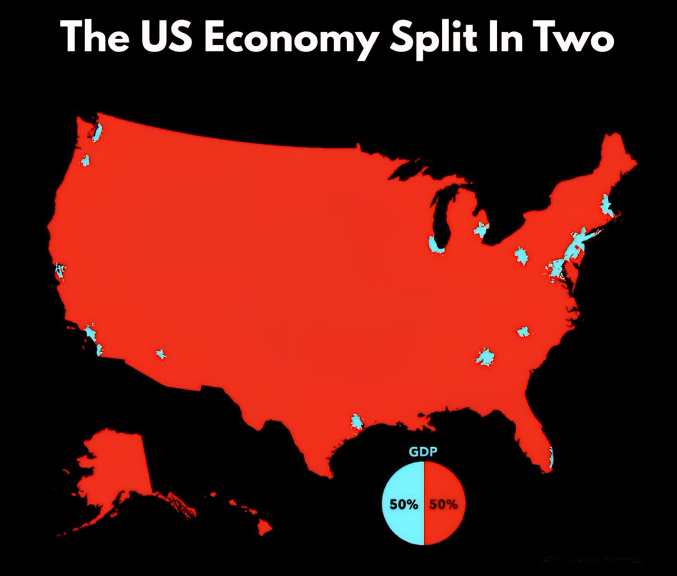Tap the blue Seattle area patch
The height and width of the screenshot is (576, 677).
(x=96, y=133)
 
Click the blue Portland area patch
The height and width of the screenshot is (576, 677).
(x=86, y=161)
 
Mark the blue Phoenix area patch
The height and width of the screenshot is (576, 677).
(x=160, y=354)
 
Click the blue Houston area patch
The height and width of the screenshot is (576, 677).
(x=357, y=421)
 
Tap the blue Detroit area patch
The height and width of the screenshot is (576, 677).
(x=481, y=230)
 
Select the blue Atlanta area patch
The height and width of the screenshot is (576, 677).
(x=485, y=357)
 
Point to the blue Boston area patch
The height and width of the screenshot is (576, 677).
(x=607, y=204)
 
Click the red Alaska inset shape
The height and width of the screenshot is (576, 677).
(x=116, y=469)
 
